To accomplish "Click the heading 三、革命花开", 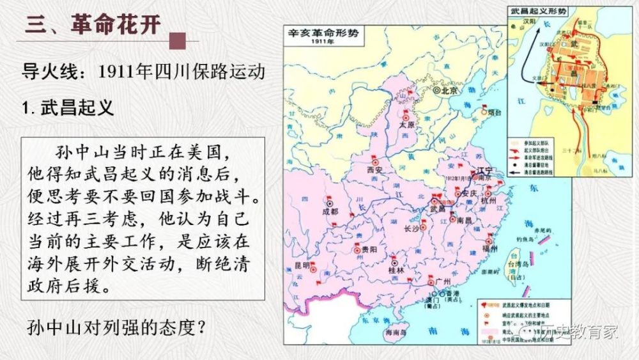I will [93, 24].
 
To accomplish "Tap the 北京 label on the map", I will [450, 91].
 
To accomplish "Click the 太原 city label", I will [407, 125].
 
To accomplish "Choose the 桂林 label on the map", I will [397, 270].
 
